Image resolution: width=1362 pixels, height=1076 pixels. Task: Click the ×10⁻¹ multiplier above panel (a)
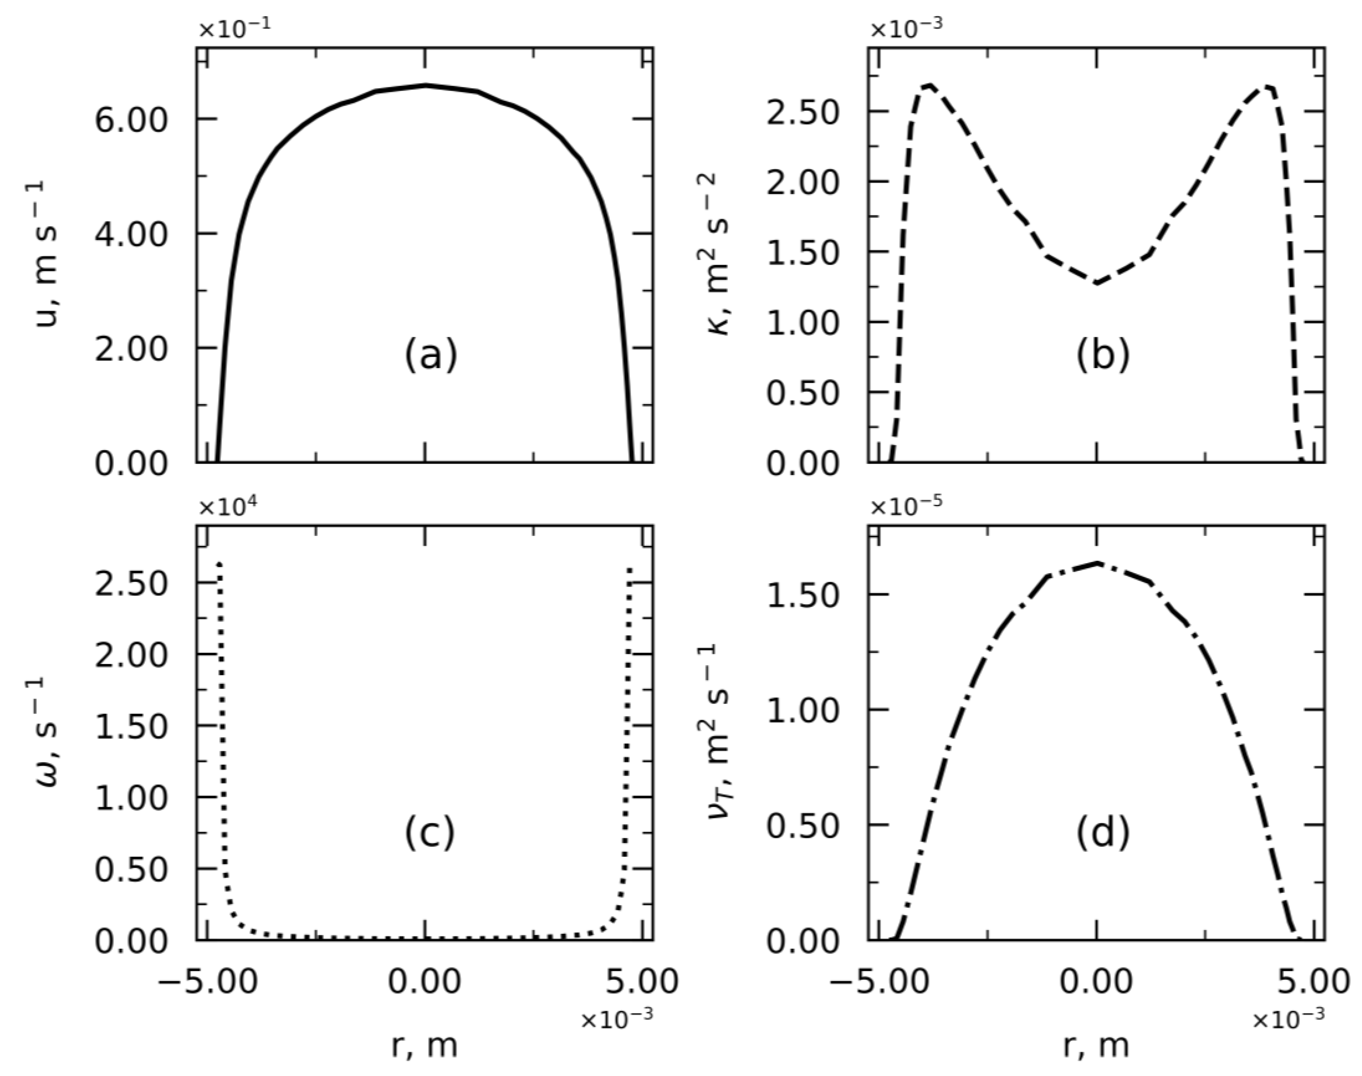click(x=235, y=29)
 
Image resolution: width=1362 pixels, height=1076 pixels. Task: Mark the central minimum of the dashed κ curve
click(x=1097, y=283)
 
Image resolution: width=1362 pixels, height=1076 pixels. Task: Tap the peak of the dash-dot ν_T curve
click(x=1097, y=562)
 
